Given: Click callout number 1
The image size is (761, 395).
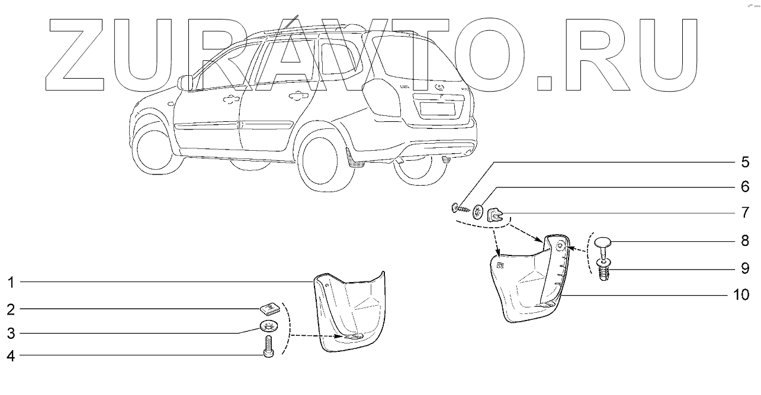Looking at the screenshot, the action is click(x=11, y=283).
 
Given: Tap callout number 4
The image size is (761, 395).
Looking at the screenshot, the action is click(x=11, y=355).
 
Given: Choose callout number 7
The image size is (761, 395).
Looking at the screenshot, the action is click(x=744, y=212).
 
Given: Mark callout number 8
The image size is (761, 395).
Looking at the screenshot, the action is click(x=744, y=242).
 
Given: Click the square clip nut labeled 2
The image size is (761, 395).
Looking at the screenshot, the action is click(x=269, y=307).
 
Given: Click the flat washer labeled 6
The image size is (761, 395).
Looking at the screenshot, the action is click(x=478, y=212).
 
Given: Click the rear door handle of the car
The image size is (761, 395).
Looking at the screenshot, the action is click(x=294, y=96).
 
